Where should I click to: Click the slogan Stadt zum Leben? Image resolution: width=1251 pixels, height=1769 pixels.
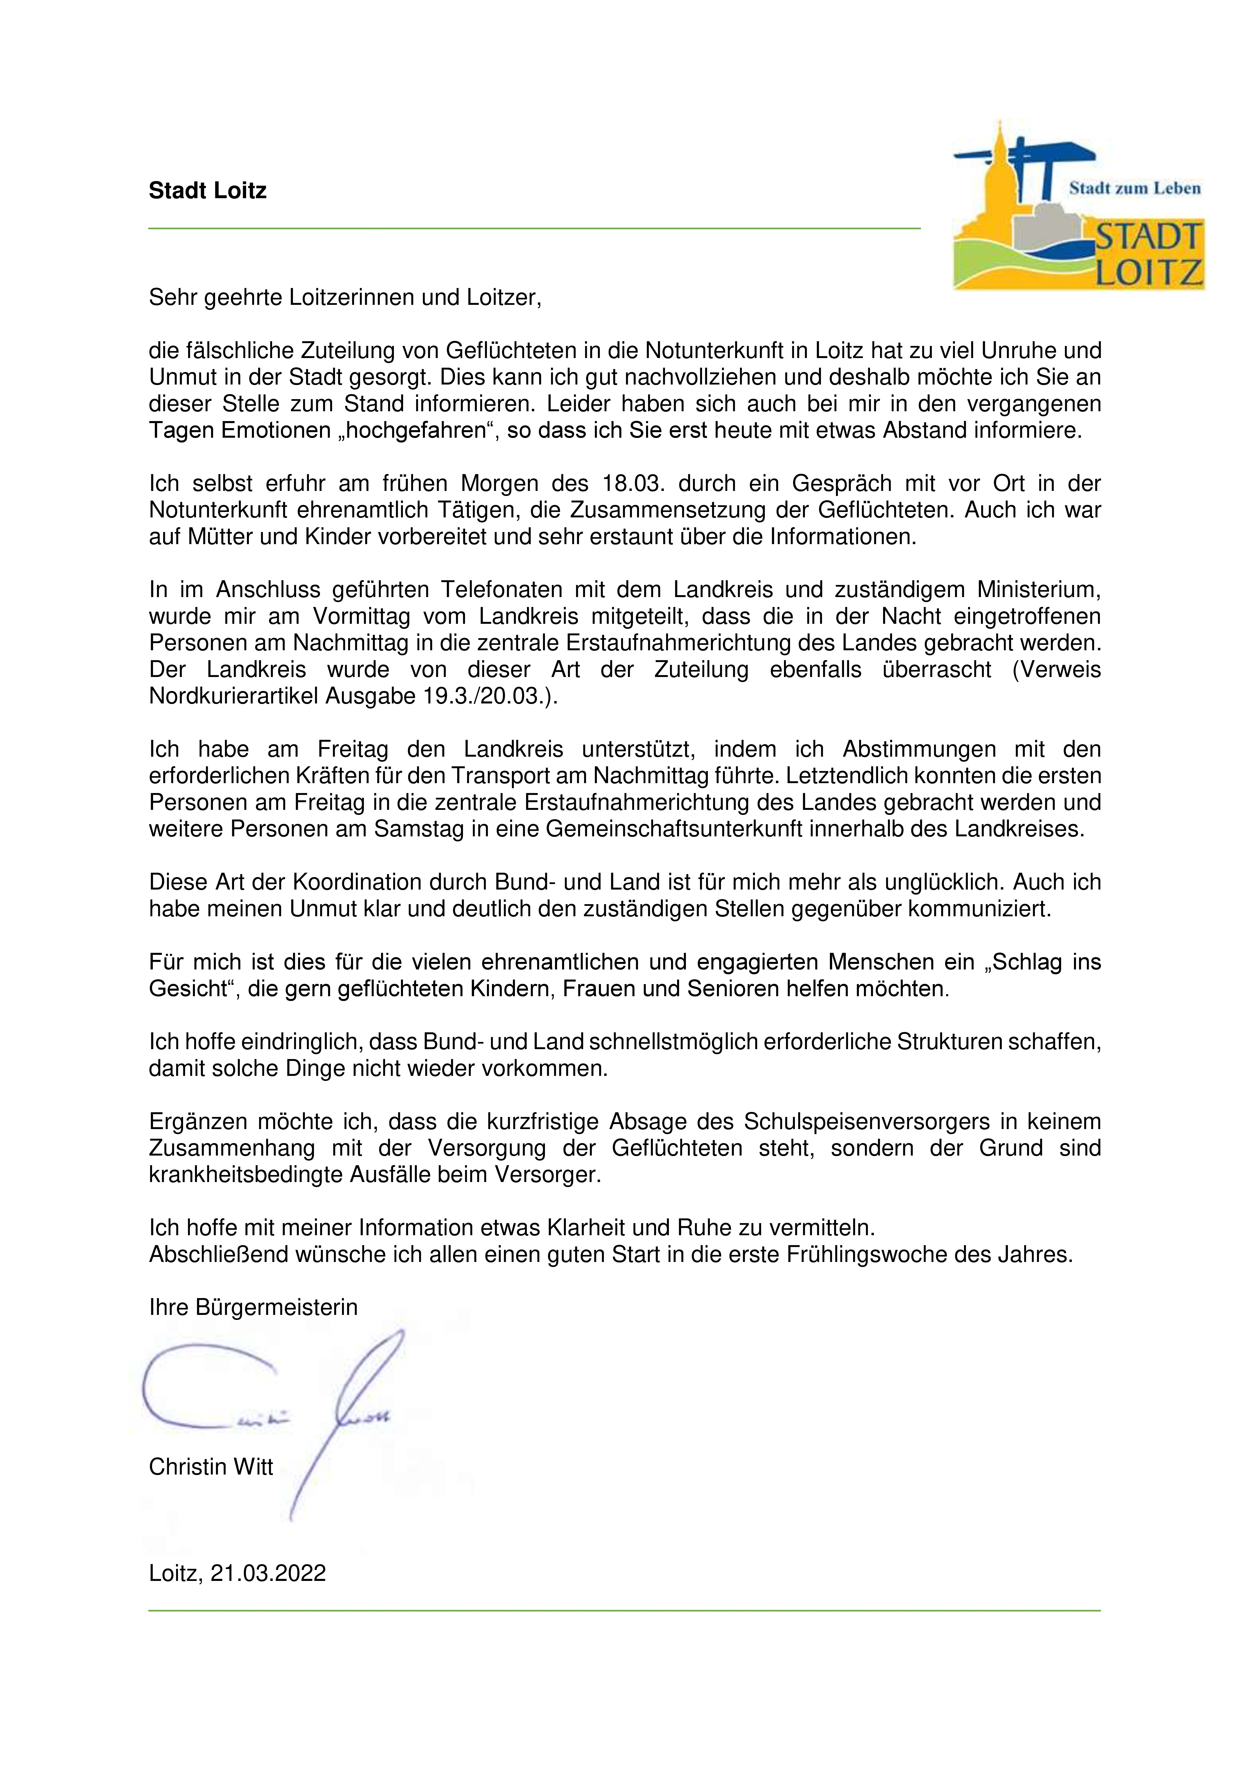[1134, 188]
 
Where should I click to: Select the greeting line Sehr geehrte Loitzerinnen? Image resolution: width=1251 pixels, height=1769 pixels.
[345, 298]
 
